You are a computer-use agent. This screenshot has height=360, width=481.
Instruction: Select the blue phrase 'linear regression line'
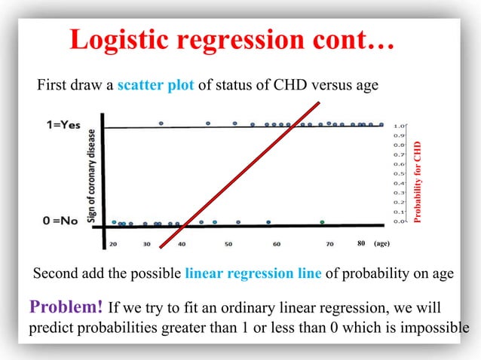[253, 273]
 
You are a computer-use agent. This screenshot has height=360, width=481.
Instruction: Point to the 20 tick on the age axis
[113, 244]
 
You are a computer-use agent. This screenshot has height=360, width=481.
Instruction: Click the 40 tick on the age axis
[182, 244]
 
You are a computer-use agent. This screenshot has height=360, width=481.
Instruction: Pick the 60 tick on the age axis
[277, 244]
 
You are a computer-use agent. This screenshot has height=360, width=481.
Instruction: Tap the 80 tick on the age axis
[361, 244]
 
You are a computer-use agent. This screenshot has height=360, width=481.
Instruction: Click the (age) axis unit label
[381, 244]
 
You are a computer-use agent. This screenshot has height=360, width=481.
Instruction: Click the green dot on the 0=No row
[322, 222]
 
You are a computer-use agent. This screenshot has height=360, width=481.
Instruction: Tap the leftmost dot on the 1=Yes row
[161, 123]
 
